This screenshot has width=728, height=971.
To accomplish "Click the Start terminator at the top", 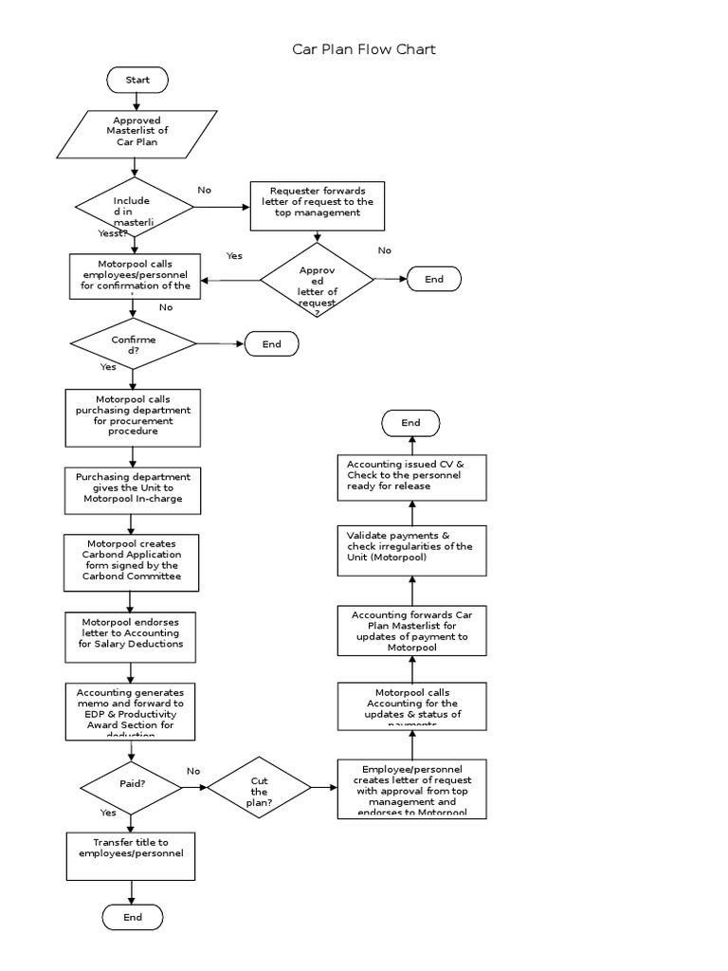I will tap(137, 81).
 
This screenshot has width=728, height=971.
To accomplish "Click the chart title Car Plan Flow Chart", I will tap(364, 49).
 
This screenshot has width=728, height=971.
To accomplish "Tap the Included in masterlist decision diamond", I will tap(133, 208).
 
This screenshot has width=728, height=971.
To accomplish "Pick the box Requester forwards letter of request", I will tap(318, 205).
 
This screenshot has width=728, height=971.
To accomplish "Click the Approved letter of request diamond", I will tap(318, 279).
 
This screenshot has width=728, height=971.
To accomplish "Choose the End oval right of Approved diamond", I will tap(434, 279).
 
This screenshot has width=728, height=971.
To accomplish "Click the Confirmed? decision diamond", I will tap(134, 344).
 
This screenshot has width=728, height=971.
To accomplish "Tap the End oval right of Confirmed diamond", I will tap(272, 344).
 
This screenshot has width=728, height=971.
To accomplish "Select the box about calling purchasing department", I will tap(133, 417).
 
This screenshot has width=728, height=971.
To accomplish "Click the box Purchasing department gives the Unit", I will tap(133, 488).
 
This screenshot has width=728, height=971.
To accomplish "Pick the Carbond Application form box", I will tap(133, 562).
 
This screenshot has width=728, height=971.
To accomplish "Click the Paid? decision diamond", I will tap(133, 785).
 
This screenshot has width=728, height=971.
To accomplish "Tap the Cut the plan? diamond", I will tap(259, 787).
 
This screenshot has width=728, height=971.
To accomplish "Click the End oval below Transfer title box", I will tap(133, 917).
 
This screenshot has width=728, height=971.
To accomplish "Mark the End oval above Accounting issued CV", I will tap(410, 423).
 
